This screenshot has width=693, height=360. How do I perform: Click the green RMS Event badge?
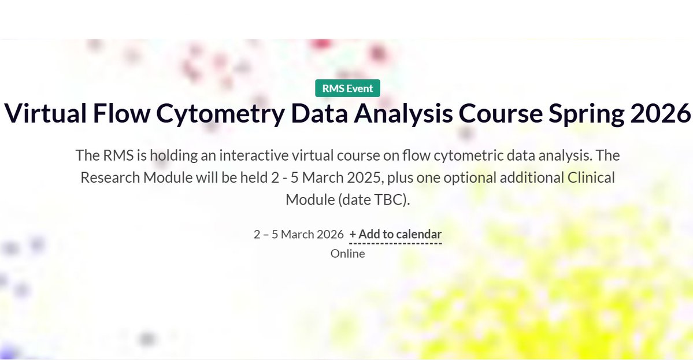coord(347,88)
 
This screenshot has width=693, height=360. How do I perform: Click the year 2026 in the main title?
coord(658,113)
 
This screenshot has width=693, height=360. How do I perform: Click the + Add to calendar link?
coord(395,234)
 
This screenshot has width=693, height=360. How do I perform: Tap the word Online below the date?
coord(347,253)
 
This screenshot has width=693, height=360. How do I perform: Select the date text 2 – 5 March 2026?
coord(298,234)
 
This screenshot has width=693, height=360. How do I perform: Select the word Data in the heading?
coord(314,113)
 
